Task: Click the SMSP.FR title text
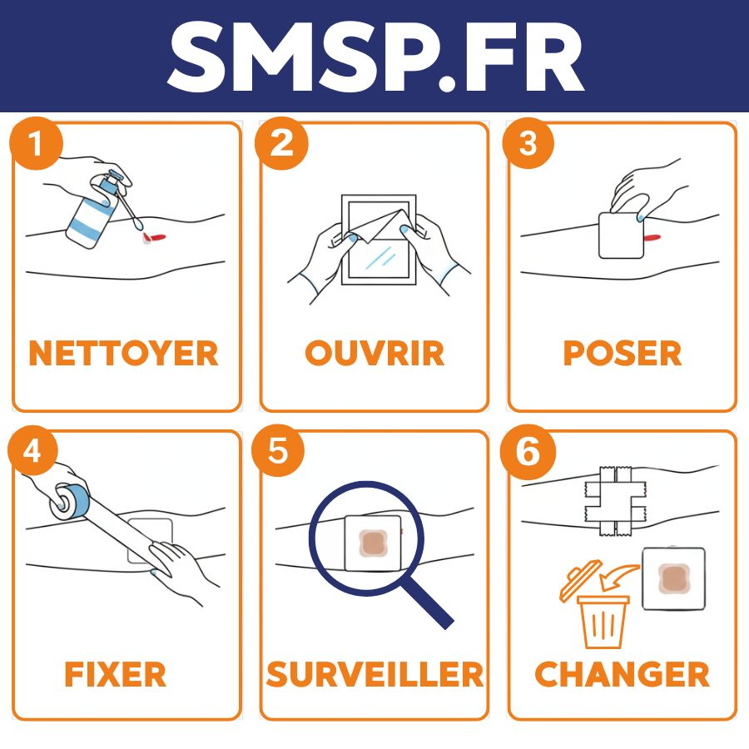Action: click(376, 57)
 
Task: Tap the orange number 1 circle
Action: click(37, 143)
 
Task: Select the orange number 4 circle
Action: click(32, 450)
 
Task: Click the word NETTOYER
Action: click(123, 353)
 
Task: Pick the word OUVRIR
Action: click(374, 353)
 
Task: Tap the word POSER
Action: click(623, 353)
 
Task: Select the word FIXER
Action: click(115, 674)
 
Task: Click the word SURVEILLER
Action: click(375, 674)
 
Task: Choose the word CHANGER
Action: click(622, 674)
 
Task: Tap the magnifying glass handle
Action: click(426, 603)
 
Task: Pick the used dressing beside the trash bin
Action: click(673, 579)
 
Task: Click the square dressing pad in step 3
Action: click(621, 236)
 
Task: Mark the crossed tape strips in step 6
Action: click(616, 501)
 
